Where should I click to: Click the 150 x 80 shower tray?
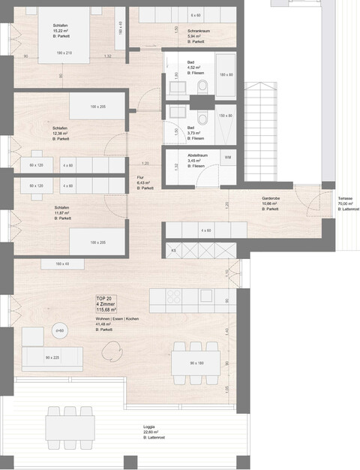pos(226,116)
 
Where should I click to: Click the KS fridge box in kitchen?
pos(174,249)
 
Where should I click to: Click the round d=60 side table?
pos(59,330)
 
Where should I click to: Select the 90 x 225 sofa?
pos(52,357)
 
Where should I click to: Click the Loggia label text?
pos(151,431)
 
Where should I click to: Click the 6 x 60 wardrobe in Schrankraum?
pos(195,15)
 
